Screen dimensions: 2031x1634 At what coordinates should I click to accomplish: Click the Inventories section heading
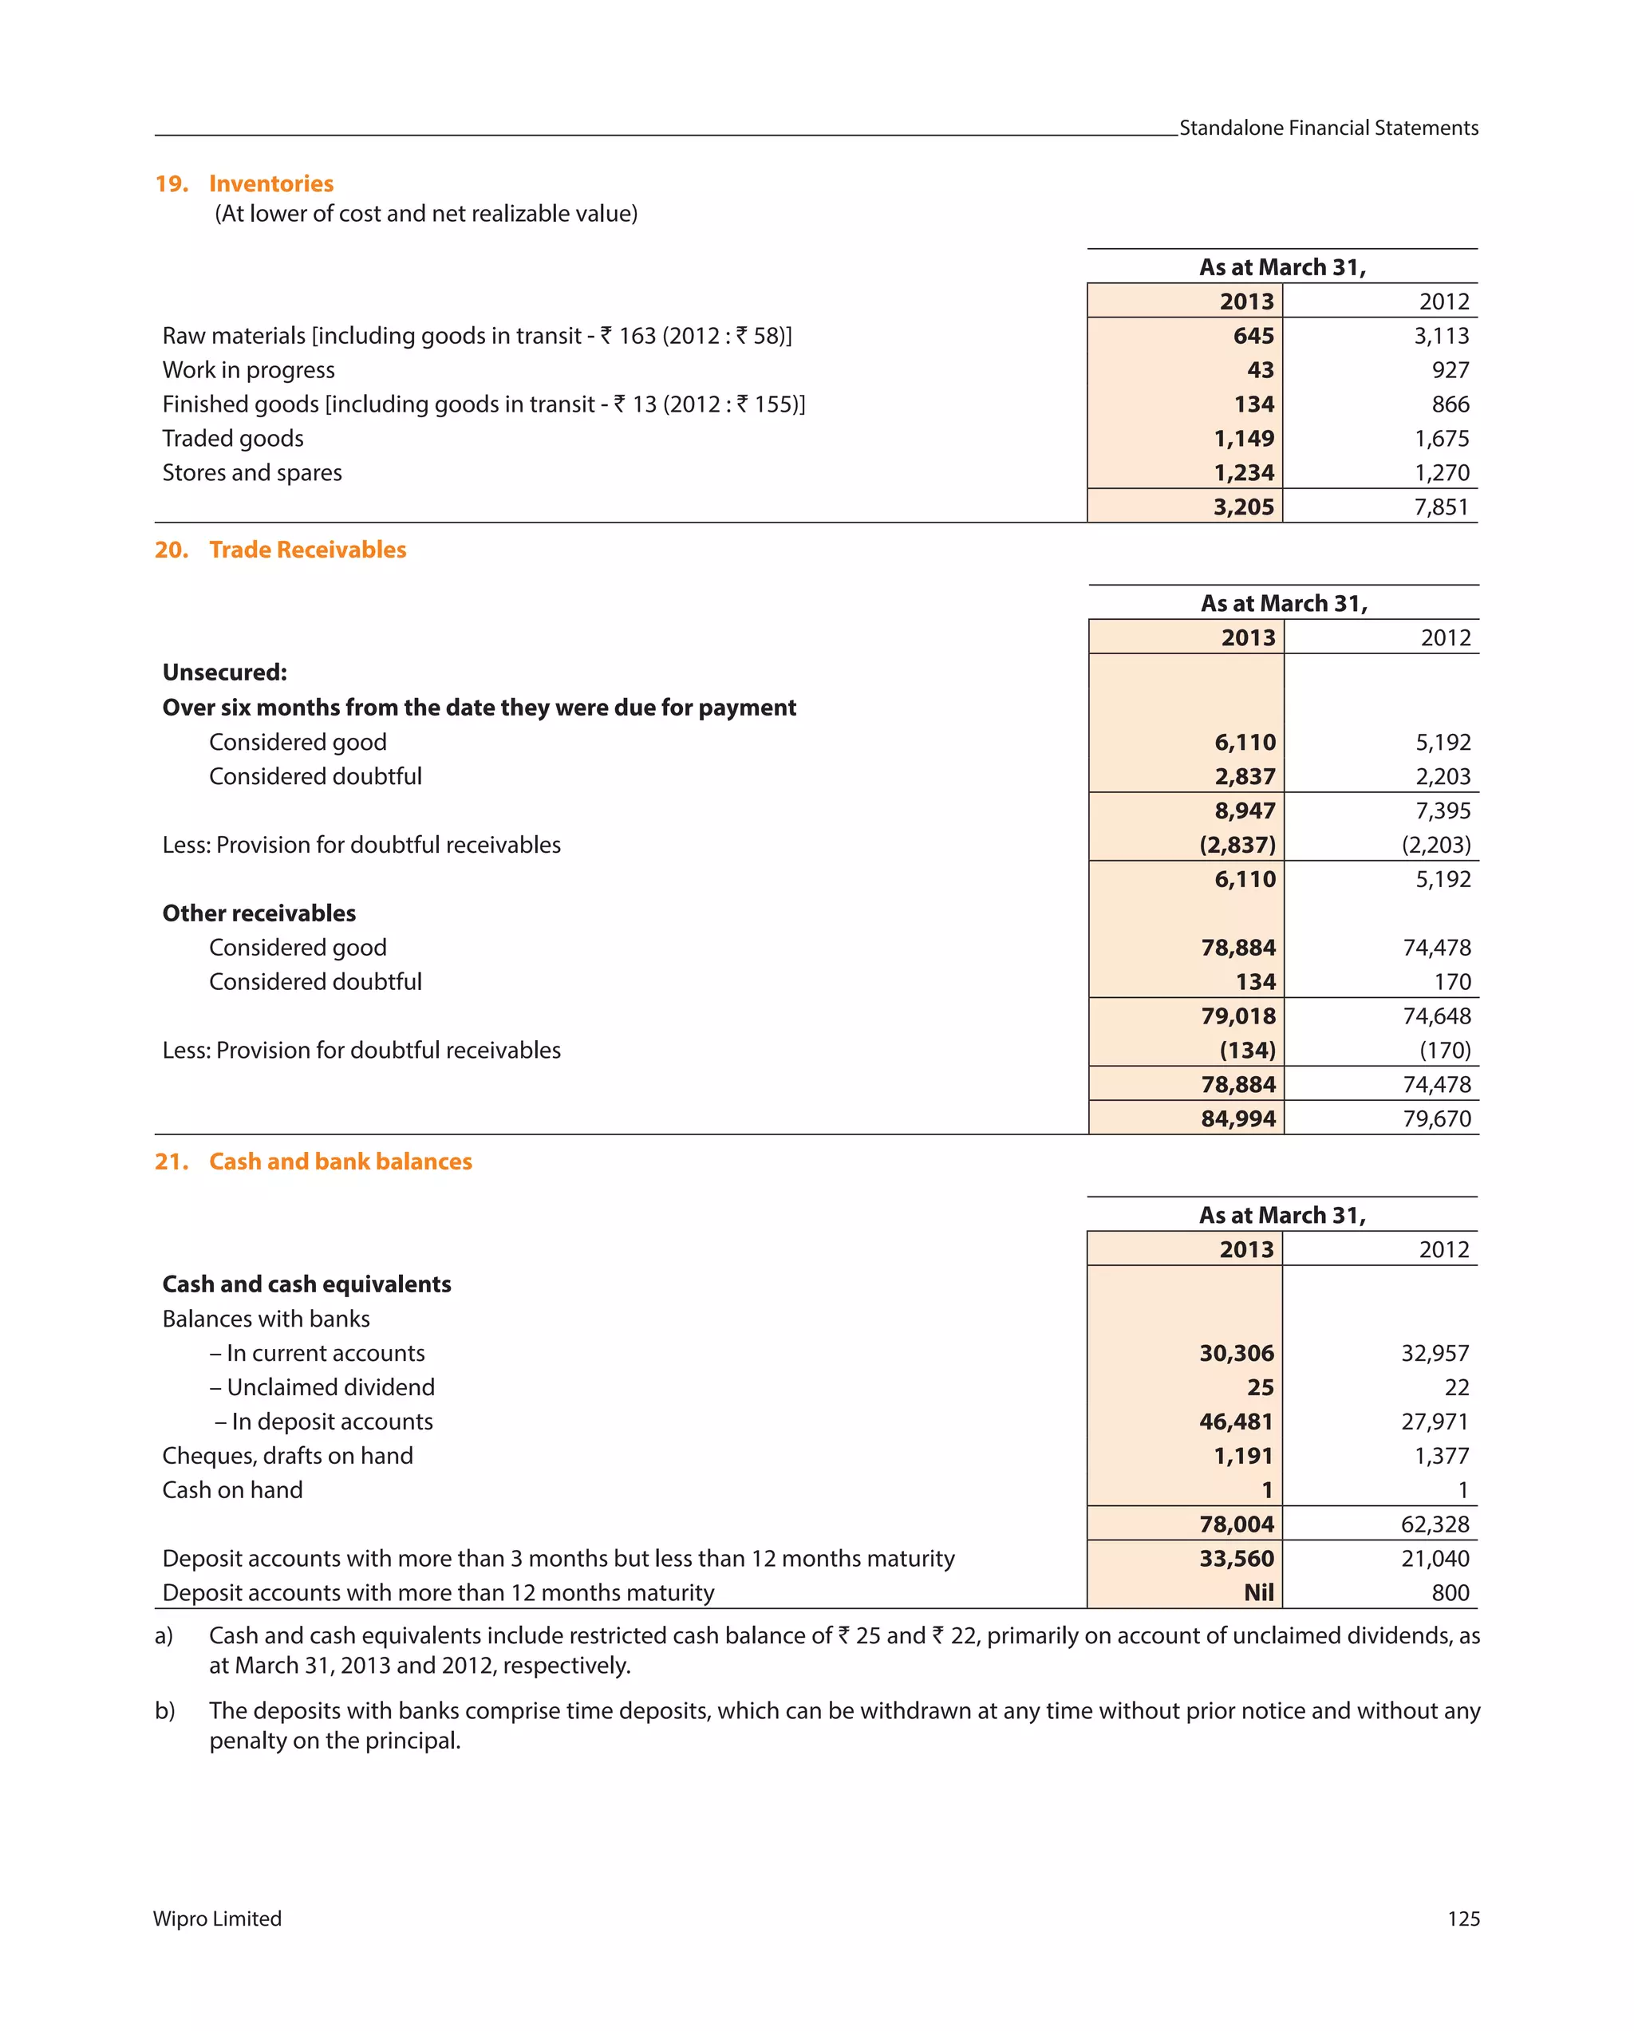click(x=270, y=183)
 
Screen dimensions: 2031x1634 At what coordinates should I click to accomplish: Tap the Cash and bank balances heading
click(x=340, y=1161)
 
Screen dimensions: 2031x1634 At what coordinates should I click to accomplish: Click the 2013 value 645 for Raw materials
click(x=1253, y=337)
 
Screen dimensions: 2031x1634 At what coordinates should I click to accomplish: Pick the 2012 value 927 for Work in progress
click(x=1450, y=370)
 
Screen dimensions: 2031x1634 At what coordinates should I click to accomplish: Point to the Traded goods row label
click(x=233, y=439)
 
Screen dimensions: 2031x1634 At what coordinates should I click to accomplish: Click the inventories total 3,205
click(x=1243, y=507)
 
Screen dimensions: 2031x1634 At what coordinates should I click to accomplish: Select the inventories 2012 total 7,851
click(x=1441, y=507)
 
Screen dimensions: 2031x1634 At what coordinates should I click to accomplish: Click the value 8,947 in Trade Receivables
click(x=1244, y=811)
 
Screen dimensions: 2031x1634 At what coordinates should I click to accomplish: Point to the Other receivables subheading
click(x=259, y=913)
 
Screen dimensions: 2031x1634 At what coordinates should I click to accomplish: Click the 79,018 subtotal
click(x=1238, y=1016)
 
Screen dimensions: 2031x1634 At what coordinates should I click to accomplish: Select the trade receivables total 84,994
click(x=1238, y=1119)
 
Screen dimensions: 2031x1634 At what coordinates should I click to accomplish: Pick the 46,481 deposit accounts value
click(x=1237, y=1422)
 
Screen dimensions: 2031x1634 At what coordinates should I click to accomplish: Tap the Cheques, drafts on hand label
click(x=287, y=1457)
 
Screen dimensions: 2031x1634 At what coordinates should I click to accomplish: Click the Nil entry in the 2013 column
click(x=1258, y=1593)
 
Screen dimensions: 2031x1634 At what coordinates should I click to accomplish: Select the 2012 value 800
click(x=1450, y=1593)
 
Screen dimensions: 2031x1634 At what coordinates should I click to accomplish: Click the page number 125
click(x=1462, y=1919)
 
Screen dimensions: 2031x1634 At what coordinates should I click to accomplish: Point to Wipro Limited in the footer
click(x=218, y=1919)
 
